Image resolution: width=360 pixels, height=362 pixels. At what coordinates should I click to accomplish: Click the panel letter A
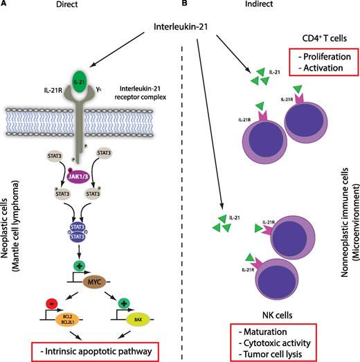(6, 6)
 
